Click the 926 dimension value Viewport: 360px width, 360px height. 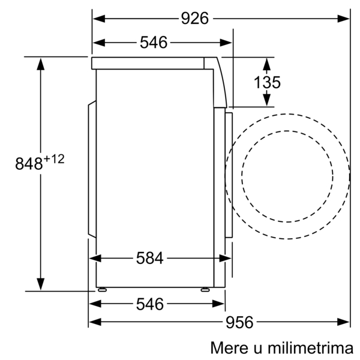(x=195, y=19)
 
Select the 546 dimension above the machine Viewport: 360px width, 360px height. (x=154, y=43)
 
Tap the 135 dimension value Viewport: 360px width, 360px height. (x=267, y=82)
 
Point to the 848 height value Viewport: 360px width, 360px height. (x=29, y=163)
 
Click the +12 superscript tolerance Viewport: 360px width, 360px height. (x=54, y=159)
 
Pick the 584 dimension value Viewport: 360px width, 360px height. (x=149, y=258)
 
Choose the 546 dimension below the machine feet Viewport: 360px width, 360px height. (x=150, y=304)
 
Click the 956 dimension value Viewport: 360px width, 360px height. (x=239, y=322)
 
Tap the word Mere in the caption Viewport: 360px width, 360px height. (x=229, y=347)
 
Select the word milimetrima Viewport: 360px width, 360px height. (x=311, y=347)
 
